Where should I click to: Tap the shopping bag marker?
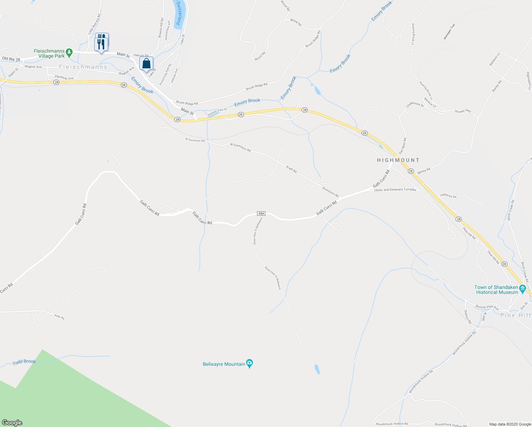click(x=146, y=64)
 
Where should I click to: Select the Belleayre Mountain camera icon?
click(x=250, y=364)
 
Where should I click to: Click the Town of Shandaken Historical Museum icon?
click(x=522, y=289)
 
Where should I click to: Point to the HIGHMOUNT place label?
click(x=398, y=160)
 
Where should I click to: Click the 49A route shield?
click(x=261, y=213)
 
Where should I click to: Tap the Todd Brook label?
click(x=24, y=362)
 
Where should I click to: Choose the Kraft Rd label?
click(x=291, y=169)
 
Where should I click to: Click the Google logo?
click(x=12, y=423)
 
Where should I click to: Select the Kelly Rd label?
click(x=59, y=317)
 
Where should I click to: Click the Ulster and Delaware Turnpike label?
click(x=395, y=190)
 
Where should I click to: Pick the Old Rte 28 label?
click(x=11, y=58)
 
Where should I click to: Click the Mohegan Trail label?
click(x=449, y=31)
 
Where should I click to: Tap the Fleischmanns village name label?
click(x=83, y=67)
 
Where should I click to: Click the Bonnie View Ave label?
click(x=487, y=307)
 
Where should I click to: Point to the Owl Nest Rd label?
click(x=402, y=146)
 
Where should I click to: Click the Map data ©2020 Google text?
click(x=509, y=424)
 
